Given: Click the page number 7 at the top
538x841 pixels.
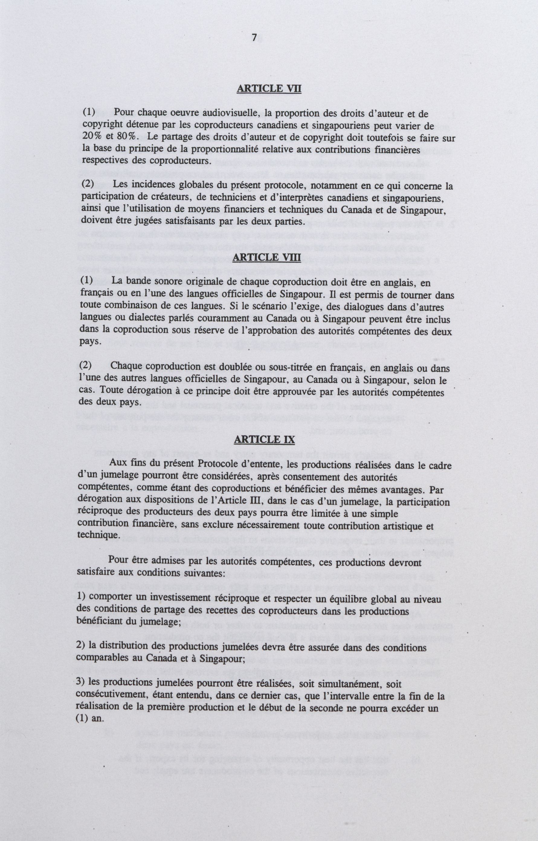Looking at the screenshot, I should (x=254, y=38).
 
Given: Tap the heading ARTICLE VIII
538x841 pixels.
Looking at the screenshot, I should (x=266, y=257).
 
